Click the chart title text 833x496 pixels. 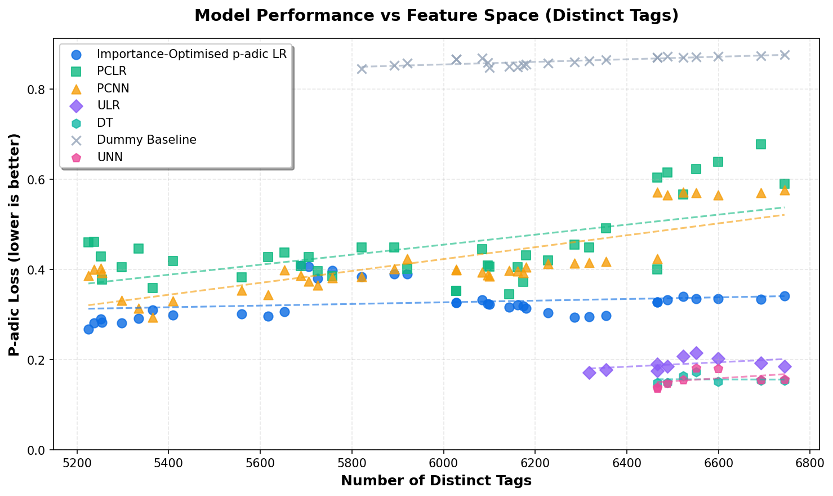pos(436,15)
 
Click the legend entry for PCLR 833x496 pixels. pos(112,71)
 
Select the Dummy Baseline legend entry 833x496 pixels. pos(146,140)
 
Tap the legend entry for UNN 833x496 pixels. pos(109,157)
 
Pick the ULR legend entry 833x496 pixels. pos(108,105)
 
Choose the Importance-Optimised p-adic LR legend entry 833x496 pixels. pos(191,54)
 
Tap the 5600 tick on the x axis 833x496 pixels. pos(260,462)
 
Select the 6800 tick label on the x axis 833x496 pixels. pos(809,462)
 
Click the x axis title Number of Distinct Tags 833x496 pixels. pos(436,481)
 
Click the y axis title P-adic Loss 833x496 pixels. pos(15,245)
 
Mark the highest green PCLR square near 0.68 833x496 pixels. pos(761,144)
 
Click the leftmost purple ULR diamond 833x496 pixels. pos(589,373)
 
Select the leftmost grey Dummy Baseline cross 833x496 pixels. pos(362,69)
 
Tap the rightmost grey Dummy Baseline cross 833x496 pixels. pos(785,55)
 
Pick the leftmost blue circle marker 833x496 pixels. pos(88,329)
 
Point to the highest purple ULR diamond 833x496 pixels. pos(696,353)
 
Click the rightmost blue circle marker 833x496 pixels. pos(785,296)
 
